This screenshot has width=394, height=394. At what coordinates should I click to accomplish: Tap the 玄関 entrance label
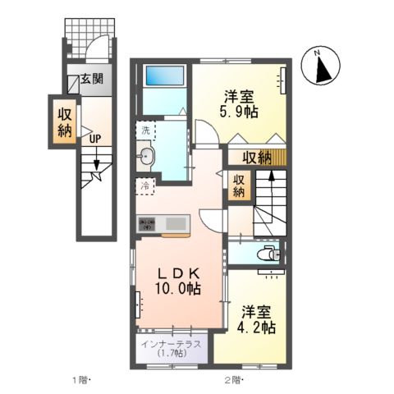pos(91,80)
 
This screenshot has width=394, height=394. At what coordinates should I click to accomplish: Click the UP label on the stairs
pos(95,138)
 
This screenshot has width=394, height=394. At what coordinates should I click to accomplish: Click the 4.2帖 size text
pos(258,327)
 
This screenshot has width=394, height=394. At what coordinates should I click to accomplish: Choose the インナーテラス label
pos(170,344)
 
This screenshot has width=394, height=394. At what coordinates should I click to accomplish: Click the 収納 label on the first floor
pos(64,121)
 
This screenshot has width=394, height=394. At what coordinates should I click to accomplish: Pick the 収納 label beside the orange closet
pos(239,186)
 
